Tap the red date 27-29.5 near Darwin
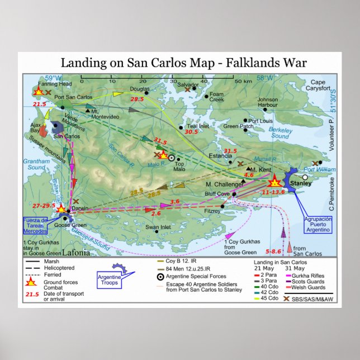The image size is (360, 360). point(44,205)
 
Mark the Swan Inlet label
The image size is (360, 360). point(158,227)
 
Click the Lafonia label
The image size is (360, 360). point(75,252)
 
